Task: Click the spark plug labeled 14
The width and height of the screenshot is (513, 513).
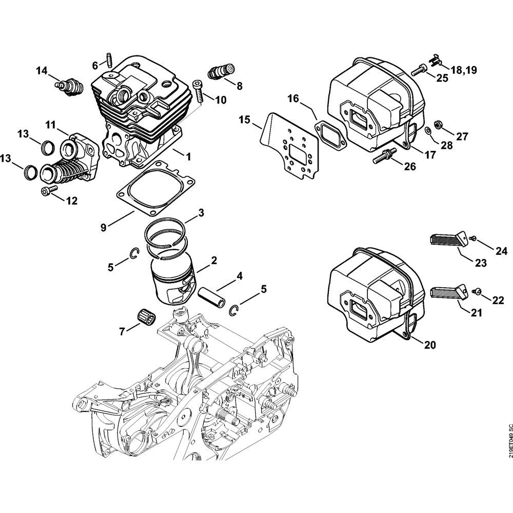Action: point(70,85)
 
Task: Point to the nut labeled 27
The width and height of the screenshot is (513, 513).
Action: point(439,125)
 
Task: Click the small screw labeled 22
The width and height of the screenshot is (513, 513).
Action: point(478,292)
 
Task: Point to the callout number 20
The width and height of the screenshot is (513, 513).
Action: point(429,345)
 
